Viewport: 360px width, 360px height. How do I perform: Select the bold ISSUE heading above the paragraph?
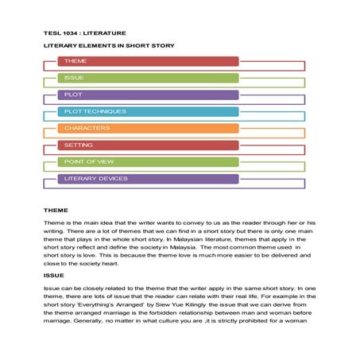click(54, 275)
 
